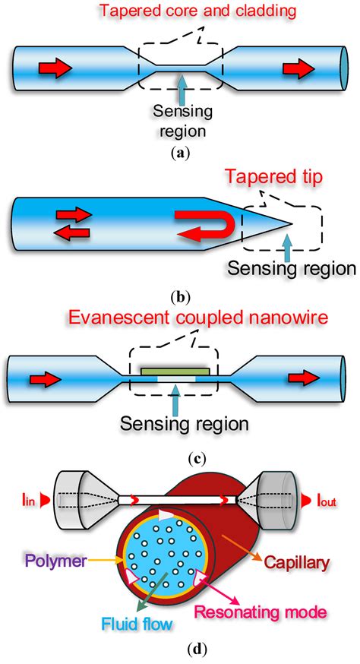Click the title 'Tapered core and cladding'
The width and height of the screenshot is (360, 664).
(x=179, y=11)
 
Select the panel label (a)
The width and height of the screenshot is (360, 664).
(x=179, y=152)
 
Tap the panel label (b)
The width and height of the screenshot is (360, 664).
(x=179, y=297)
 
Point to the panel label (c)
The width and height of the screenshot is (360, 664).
(x=179, y=458)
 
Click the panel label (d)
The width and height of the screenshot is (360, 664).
(x=179, y=651)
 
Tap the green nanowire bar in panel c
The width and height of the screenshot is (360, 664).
(x=175, y=371)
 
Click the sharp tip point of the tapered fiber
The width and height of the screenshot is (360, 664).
(x=292, y=223)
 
